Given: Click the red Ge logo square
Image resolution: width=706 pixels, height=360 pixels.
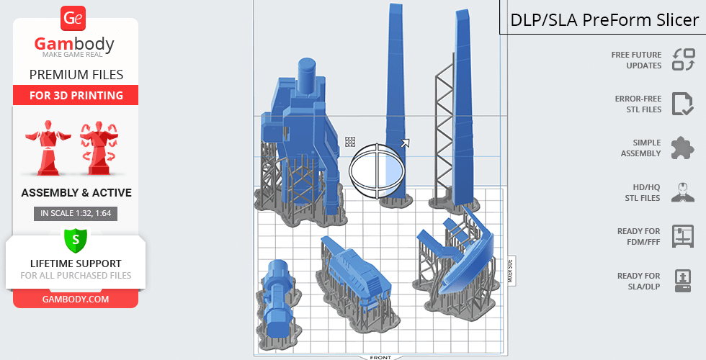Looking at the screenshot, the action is pyautogui.click(x=73, y=18).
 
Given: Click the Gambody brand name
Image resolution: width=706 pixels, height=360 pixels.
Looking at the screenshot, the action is pyautogui.click(x=74, y=44).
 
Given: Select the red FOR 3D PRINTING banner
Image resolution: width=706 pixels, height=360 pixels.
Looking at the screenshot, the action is pyautogui.click(x=76, y=95).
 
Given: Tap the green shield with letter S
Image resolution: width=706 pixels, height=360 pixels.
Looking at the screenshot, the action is pyautogui.click(x=76, y=239).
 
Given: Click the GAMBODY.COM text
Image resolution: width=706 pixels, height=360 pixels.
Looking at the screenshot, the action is pyautogui.click(x=76, y=300).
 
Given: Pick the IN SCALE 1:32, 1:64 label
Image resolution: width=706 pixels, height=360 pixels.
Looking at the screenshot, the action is pyautogui.click(x=76, y=213).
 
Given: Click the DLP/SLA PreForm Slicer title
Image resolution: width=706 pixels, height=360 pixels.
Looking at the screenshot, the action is pyautogui.click(x=604, y=20).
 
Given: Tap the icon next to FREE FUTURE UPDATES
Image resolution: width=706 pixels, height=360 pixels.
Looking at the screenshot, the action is pyautogui.click(x=684, y=60).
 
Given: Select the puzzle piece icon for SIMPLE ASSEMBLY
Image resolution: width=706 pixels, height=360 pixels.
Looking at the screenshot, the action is pyautogui.click(x=683, y=148).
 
